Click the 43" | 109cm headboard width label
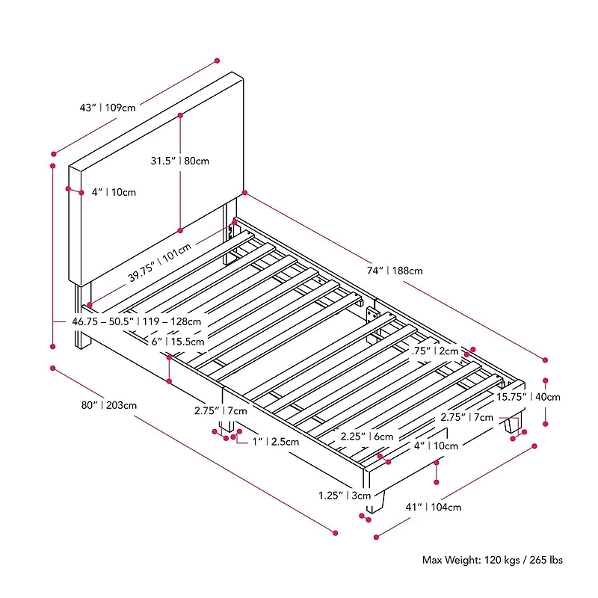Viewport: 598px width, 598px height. coord(108,108)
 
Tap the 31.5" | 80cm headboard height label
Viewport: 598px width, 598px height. coord(179,161)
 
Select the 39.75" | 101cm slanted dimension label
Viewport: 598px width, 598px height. coord(159,263)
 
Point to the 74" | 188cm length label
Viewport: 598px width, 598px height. coord(395,271)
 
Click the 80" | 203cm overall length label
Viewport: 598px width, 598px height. coord(108,405)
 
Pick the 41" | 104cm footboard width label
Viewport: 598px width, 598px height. coord(434,508)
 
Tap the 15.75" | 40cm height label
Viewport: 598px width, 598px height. coord(528,397)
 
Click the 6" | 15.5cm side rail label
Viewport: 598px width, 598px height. coord(178,342)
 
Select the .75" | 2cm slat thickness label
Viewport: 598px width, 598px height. coord(435,351)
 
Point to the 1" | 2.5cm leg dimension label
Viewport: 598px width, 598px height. coord(276,442)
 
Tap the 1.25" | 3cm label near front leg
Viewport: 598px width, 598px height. coord(345,496)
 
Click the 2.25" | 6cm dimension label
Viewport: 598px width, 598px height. coord(367,437)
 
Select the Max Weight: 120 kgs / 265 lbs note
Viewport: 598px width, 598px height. coord(493,560)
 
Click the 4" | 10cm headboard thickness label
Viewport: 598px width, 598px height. coord(114,192)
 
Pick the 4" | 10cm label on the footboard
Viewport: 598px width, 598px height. coord(436,446)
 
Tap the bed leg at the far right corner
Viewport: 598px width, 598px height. coord(513,424)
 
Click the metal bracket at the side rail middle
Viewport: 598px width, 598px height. coord(371,315)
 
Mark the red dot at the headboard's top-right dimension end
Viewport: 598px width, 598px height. coord(217,61)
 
